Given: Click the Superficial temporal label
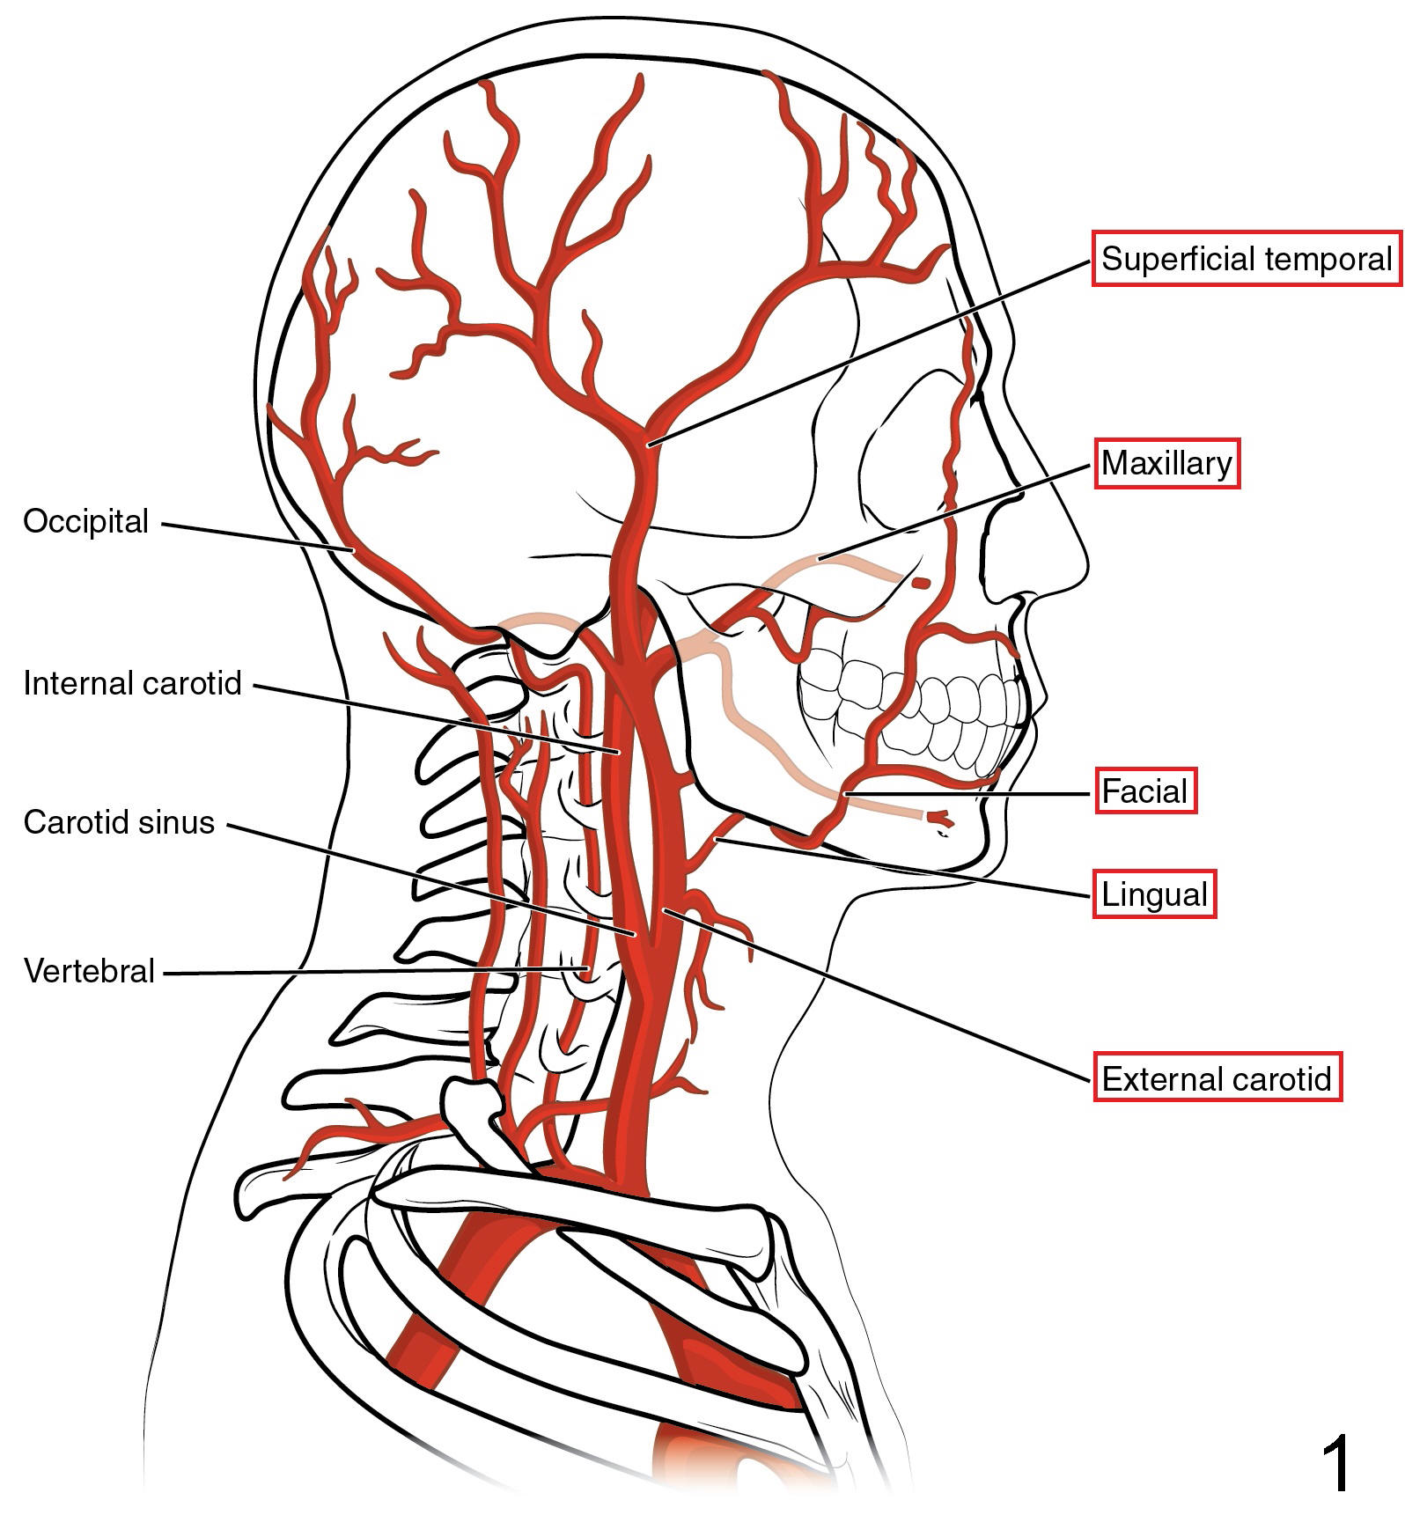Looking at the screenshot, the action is coord(1246,259).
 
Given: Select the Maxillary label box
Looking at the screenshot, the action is coord(1166,463).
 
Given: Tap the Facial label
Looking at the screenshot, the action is coord(1145,791).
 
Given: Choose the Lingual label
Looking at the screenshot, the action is coord(1154,894).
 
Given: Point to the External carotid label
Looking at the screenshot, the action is coord(1217,1077).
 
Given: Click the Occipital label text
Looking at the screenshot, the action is coord(86,521).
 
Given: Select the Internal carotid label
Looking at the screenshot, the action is coord(132,683).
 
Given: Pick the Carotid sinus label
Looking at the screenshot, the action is coord(119,822).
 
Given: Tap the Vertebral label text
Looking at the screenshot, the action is coord(89,971).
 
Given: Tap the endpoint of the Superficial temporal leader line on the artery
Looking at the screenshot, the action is coord(649,444).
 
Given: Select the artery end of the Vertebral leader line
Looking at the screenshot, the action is coord(587,968).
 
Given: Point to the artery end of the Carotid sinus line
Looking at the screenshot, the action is coord(633,932).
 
